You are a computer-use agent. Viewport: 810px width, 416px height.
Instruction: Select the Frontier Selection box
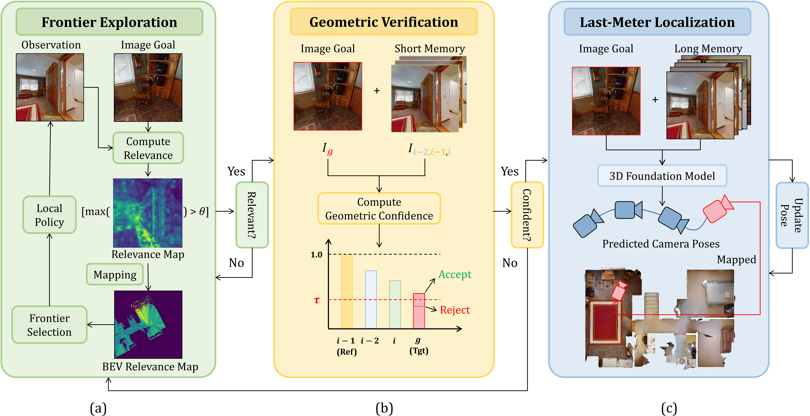pos(49,325)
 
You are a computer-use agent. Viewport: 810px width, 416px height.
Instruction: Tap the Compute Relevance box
pos(148,148)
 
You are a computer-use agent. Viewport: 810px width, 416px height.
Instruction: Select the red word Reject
pos(455,310)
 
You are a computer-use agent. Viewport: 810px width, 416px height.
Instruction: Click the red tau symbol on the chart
pos(317,300)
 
